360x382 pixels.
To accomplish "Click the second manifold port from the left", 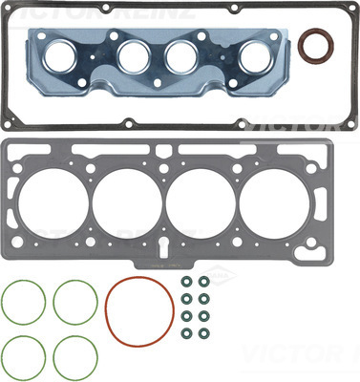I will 137,56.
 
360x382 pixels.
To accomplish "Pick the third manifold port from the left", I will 181,56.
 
